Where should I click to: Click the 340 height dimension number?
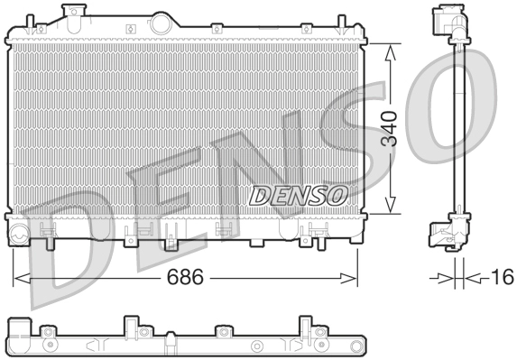[x=390, y=130]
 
